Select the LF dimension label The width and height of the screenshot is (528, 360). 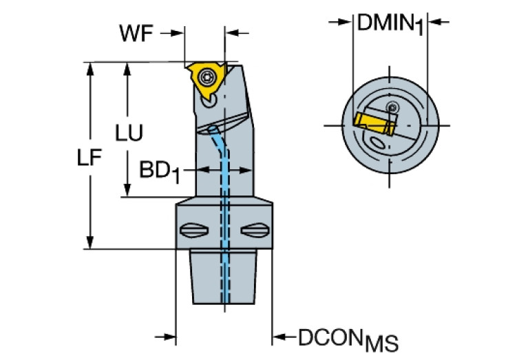(x=89, y=158)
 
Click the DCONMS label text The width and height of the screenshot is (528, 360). (x=348, y=339)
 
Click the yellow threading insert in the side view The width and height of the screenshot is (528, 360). (x=204, y=78)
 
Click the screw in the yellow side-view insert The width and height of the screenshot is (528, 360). (x=207, y=78)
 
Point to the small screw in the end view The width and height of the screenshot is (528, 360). (x=392, y=107)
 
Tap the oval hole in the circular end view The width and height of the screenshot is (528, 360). (x=378, y=143)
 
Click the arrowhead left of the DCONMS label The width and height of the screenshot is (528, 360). (x=280, y=337)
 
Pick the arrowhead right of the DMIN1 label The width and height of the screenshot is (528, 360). (x=434, y=23)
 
